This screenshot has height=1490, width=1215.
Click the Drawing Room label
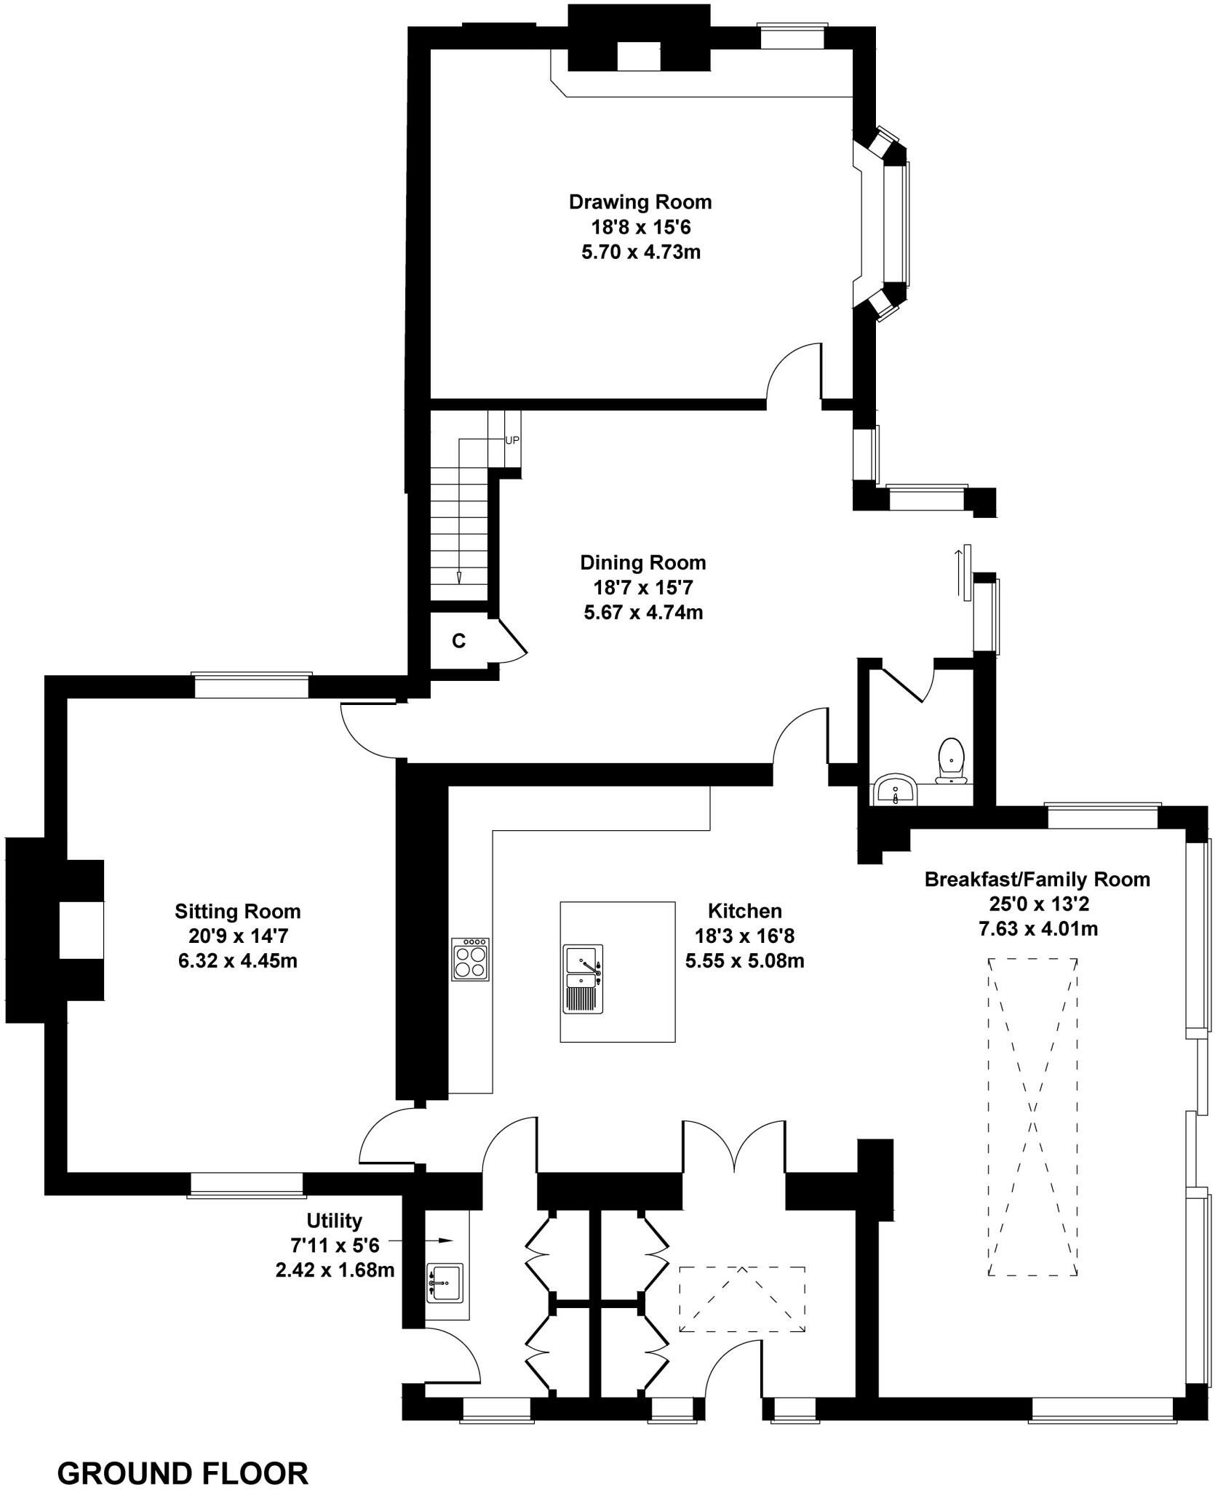pos(640,202)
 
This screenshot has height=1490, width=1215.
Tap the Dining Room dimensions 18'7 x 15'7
pos(642,587)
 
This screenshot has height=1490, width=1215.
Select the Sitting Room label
pos(237,912)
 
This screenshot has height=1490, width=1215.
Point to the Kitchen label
pos(744,911)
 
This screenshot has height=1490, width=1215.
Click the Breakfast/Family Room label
pos(1037,880)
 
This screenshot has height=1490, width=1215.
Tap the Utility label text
pos(334,1220)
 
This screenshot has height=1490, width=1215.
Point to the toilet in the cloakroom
pos(951,760)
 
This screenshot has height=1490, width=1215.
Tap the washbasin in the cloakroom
pos(896,790)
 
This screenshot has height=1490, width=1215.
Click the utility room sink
pos(444,1283)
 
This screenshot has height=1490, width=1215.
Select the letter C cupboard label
pos(458,641)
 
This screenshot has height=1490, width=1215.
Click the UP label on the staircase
pos(512,440)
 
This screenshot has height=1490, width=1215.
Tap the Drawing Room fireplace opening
pos(638,56)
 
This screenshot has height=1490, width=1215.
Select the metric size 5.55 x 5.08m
pos(744,961)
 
